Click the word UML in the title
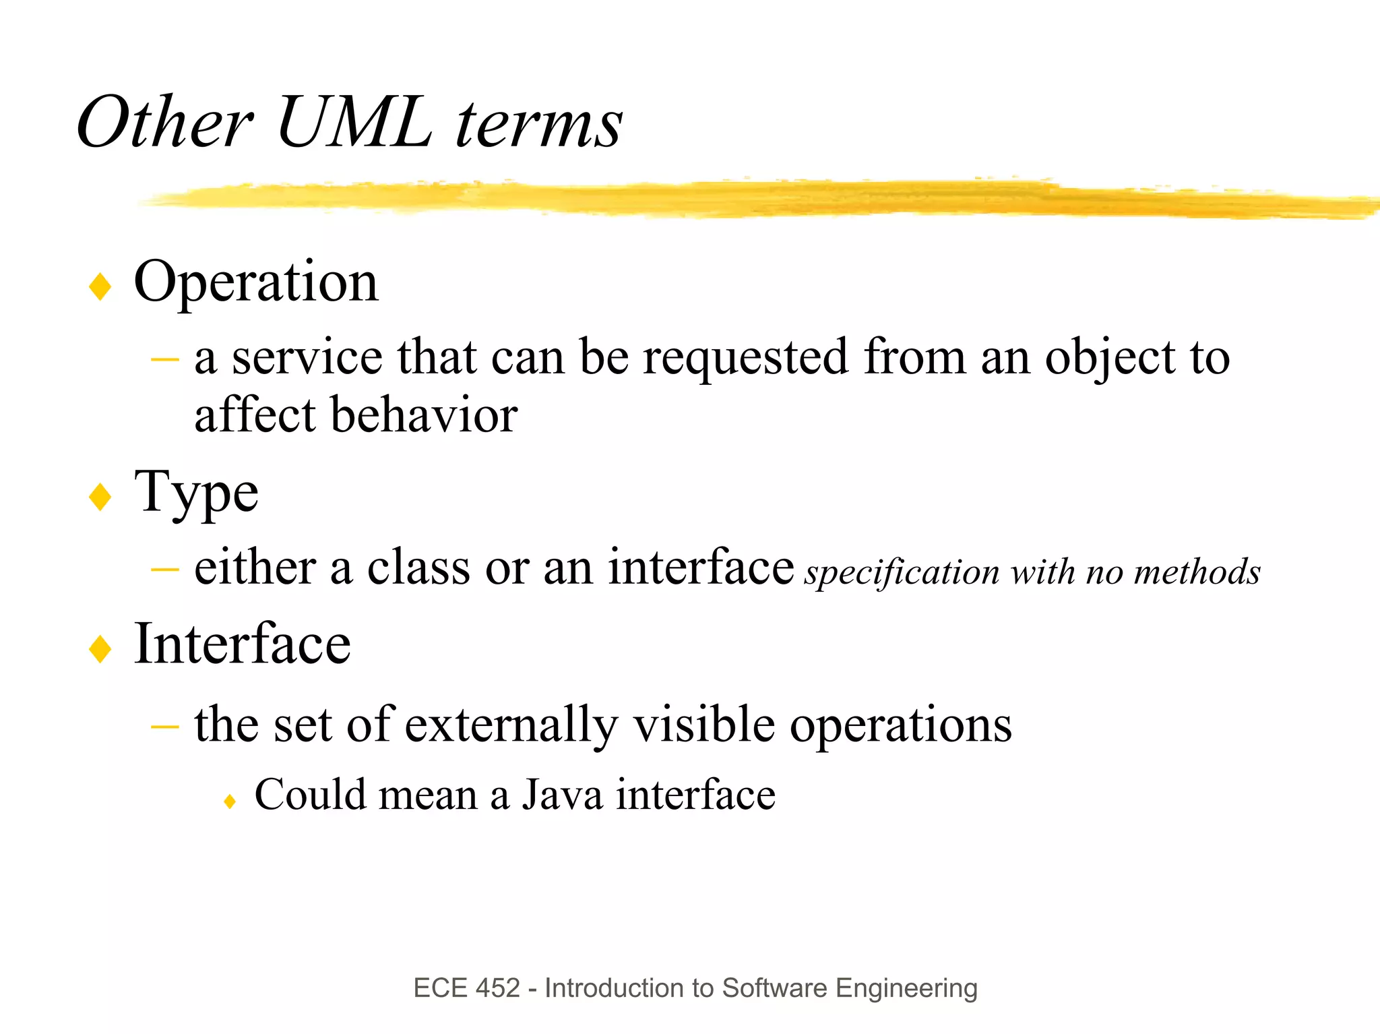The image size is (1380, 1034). [x=354, y=123]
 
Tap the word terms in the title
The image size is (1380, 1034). [x=539, y=125]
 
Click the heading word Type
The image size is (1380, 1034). [x=196, y=493]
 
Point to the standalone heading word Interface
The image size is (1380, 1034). [x=243, y=644]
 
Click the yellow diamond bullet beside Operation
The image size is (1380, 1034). [x=100, y=286]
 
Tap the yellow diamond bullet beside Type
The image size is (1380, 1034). [x=100, y=497]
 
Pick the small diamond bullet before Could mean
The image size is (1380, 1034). [x=230, y=801]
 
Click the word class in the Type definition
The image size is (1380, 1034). [x=418, y=568]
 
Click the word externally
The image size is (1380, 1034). [x=511, y=725]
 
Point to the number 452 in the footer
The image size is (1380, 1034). [x=498, y=988]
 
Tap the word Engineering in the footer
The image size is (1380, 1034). [x=906, y=988]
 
